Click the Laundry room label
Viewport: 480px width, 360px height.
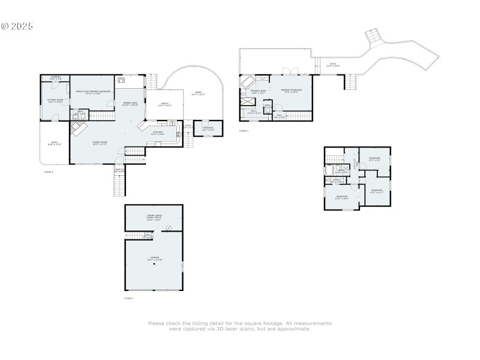[55, 78]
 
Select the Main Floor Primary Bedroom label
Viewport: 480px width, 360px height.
[93, 92]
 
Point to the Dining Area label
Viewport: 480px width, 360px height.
[130, 104]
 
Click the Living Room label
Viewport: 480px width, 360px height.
[99, 143]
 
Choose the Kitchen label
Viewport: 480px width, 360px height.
[158, 133]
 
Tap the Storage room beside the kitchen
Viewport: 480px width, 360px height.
[208, 128]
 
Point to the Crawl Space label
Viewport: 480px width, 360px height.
[154, 218]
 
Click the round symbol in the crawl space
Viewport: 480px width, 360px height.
[168, 227]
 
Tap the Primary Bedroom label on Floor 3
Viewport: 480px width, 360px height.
[291, 91]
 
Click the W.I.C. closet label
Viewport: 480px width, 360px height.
[254, 112]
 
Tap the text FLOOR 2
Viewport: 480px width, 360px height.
[49, 172]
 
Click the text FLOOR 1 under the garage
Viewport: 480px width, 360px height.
[129, 298]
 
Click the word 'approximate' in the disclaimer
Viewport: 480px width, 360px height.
[293, 329]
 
